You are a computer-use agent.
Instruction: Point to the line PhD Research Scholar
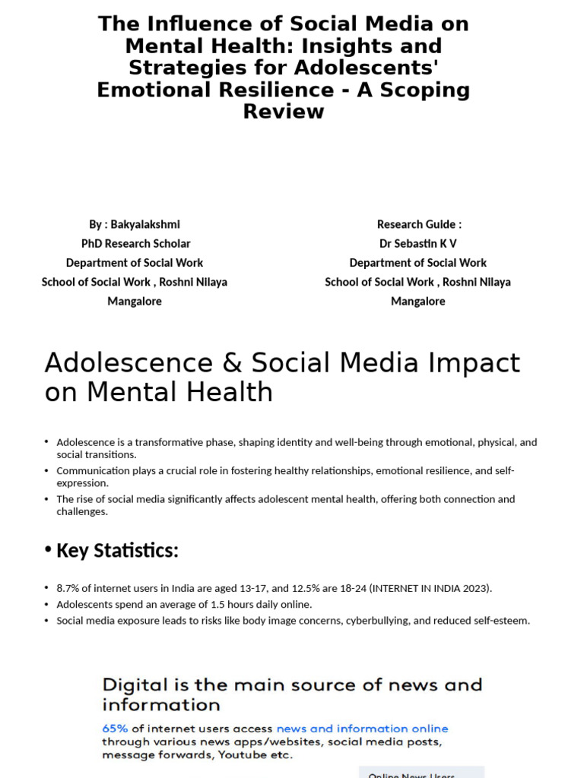coord(135,243)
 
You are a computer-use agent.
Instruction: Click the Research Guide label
coord(419,224)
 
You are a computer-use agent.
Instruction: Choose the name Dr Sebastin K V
coord(418,243)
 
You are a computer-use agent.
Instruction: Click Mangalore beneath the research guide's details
coord(418,301)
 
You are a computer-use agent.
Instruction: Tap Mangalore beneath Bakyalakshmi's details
coord(135,301)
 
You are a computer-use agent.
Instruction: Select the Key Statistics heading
coord(117,550)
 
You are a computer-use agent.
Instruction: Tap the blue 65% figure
coord(116,729)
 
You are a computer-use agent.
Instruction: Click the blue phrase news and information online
coord(362,729)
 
